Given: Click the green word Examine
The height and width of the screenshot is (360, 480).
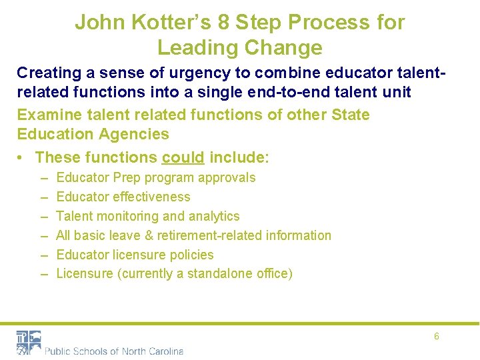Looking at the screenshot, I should (45, 115).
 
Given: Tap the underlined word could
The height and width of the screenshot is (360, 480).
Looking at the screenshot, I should (183, 158).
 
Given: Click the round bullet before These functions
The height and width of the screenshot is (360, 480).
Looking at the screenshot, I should (23, 158).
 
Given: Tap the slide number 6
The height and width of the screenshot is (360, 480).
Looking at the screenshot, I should (437, 337).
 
